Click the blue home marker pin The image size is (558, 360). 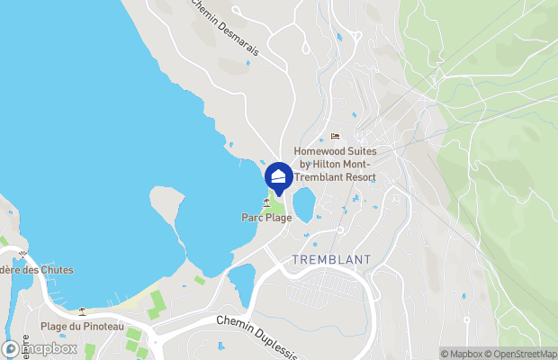(x=279, y=176)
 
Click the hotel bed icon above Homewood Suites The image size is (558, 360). (x=335, y=137)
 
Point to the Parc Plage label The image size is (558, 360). (x=266, y=217)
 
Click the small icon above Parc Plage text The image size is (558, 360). (x=266, y=202)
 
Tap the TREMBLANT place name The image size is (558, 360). (x=332, y=259)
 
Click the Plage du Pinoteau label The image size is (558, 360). (x=82, y=326)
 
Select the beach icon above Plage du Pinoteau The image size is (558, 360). (x=82, y=311)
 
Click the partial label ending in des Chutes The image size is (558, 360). (x=36, y=270)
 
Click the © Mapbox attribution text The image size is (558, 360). (x=460, y=354)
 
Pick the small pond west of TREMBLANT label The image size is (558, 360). (x=242, y=283)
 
